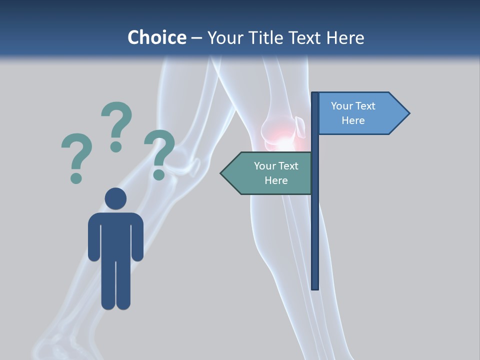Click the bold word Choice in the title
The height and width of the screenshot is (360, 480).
point(156,37)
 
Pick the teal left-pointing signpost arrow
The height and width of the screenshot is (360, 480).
point(267,173)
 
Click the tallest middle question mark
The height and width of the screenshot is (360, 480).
point(116,122)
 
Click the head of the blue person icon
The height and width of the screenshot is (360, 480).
point(115,198)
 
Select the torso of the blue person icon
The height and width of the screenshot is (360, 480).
point(115,235)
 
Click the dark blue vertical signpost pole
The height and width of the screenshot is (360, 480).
point(315,225)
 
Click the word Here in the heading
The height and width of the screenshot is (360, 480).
point(345,37)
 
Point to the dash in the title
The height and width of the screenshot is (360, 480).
point(196,38)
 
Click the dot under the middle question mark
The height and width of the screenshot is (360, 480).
point(116,146)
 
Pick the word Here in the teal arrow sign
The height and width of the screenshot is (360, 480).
point(276,180)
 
